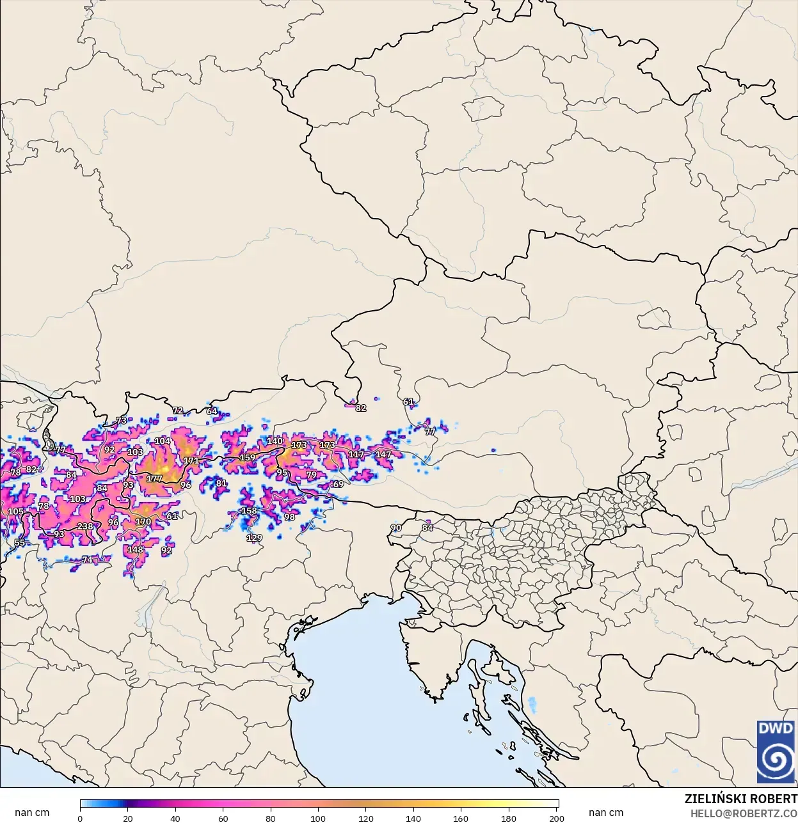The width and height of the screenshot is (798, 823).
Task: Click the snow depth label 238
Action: [x=85, y=526]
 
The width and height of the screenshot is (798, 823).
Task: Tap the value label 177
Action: [x=154, y=478]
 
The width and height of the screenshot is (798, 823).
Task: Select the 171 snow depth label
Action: [x=191, y=460]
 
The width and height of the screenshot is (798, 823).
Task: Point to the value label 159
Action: [x=247, y=457]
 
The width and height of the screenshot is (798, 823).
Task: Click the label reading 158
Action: [x=249, y=510]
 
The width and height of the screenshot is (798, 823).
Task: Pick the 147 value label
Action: [x=383, y=455]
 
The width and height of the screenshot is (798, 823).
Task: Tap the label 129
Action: [x=254, y=538]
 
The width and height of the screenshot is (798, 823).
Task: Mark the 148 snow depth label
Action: [x=135, y=549]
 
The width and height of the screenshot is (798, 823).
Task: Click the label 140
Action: [x=275, y=441]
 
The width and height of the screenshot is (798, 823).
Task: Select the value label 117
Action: [x=356, y=454]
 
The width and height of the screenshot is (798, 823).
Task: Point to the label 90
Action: [x=396, y=528]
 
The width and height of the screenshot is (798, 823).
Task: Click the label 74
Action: [x=87, y=560]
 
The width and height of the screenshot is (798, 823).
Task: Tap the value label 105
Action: [x=15, y=511]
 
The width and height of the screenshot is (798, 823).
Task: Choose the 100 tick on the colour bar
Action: [x=318, y=818]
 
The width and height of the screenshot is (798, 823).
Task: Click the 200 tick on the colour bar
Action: [x=557, y=818]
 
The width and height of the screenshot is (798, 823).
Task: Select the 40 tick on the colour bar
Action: [x=175, y=818]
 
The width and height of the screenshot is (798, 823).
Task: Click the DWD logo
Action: [x=776, y=752]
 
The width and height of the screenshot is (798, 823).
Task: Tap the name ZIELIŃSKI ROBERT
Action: [x=740, y=799]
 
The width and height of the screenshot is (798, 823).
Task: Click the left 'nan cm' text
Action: [x=32, y=812]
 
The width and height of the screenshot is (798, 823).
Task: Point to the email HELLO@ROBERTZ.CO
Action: [x=744, y=813]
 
